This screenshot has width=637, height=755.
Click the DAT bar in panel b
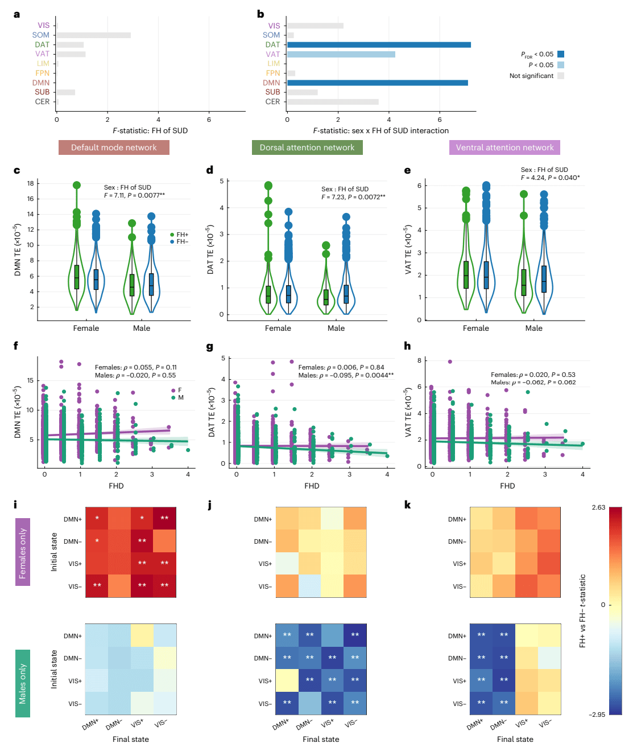[x=378, y=44]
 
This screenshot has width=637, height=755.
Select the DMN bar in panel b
[x=377, y=83]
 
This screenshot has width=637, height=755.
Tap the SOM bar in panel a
[x=93, y=35]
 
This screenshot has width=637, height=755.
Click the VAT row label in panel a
[x=42, y=54]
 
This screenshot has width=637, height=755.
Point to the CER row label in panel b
[x=272, y=102]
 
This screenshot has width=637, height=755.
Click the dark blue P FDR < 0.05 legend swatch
[x=561, y=54]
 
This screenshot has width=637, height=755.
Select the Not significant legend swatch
[x=561, y=76]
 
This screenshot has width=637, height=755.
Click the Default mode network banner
[x=114, y=147]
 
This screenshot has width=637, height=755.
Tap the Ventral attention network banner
[x=504, y=147]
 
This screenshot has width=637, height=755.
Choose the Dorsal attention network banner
[x=307, y=147]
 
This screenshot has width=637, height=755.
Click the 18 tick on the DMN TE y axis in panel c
[x=30, y=183]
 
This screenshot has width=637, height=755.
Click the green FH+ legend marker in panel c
[x=172, y=235]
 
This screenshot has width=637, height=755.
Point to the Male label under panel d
[x=336, y=328]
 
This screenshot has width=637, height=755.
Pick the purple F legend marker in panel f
[x=173, y=390]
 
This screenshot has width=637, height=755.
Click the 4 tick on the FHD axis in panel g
[x=387, y=474]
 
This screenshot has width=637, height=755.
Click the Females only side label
[x=23, y=552]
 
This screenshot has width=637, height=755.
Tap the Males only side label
[x=23, y=683]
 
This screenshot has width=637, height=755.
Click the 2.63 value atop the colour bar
[x=598, y=507]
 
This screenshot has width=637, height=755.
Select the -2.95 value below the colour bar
[x=597, y=715]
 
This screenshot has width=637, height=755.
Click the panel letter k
[x=407, y=505]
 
